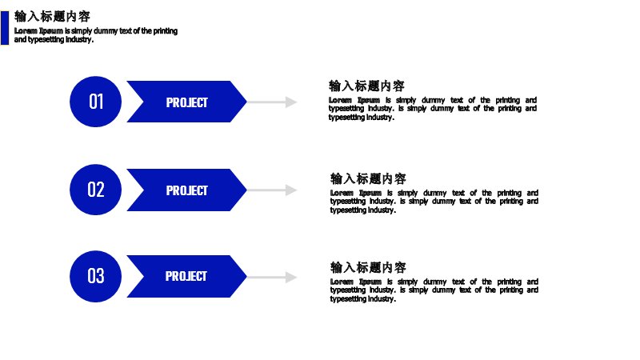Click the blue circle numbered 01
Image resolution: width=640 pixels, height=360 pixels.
(x=95, y=102)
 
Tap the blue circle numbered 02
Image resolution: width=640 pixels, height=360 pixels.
(x=95, y=190)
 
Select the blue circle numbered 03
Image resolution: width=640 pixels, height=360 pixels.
(x=95, y=276)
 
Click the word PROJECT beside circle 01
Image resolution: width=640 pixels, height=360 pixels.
(x=187, y=102)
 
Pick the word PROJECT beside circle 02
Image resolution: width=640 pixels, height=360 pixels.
(x=187, y=190)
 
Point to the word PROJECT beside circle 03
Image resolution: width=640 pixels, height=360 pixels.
(x=186, y=276)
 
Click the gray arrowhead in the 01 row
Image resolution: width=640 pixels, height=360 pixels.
(x=291, y=102)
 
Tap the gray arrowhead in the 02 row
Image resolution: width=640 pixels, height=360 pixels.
(x=291, y=190)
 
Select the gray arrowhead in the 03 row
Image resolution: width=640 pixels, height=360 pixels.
(x=291, y=278)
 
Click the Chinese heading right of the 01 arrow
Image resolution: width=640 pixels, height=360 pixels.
(x=366, y=86)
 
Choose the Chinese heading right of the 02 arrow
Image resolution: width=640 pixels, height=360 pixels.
(x=368, y=178)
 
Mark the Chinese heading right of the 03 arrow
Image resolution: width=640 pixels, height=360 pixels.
(x=368, y=267)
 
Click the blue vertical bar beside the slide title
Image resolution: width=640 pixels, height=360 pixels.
(x=5, y=28)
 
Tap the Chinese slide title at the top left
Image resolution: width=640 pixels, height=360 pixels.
(x=52, y=16)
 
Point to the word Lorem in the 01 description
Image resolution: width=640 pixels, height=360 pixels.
(x=340, y=100)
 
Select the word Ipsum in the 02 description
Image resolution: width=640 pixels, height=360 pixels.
(x=370, y=193)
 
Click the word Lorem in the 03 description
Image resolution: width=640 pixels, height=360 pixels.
(x=342, y=282)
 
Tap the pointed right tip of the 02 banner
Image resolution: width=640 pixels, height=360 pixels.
(x=246, y=190)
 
